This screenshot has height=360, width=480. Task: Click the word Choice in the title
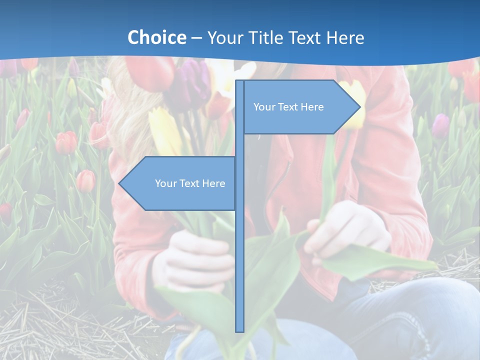(x=156, y=37)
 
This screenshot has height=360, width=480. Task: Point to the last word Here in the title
(x=345, y=38)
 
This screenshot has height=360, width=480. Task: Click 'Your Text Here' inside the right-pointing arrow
(x=288, y=107)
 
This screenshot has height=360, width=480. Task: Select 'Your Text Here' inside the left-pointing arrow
(x=190, y=183)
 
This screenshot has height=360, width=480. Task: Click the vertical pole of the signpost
(x=239, y=225)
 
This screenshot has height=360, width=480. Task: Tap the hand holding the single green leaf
(x=347, y=230)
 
